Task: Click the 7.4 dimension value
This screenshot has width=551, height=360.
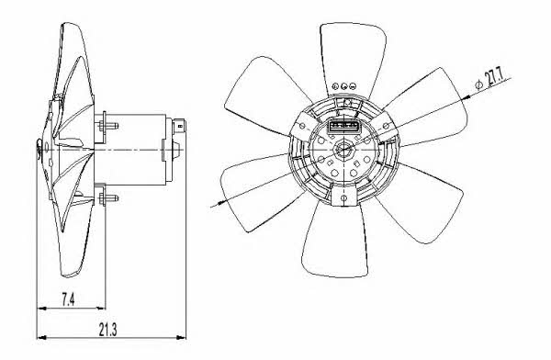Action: [x=68, y=300]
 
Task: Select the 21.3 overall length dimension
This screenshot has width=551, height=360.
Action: [x=107, y=330]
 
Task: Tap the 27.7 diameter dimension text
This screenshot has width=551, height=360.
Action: [x=494, y=79]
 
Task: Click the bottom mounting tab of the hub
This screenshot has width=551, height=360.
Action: [x=343, y=196]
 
